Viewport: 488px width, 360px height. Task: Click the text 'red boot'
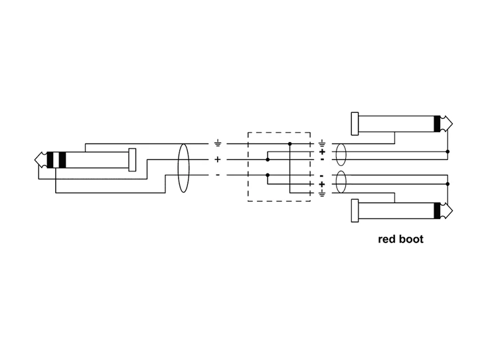[400, 239]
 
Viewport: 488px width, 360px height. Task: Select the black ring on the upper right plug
[437, 124]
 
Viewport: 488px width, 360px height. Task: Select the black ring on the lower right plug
[437, 211]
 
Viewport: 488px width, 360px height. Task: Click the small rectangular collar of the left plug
[133, 159]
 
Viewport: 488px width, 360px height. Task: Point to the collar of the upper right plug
[355, 124]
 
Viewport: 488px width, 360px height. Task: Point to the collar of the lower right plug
[355, 211]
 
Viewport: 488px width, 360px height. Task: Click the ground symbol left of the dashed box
[218, 143]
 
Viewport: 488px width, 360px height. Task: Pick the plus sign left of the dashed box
[218, 159]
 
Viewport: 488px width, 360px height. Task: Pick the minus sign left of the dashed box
[218, 175]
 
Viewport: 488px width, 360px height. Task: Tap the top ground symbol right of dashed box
[322, 143]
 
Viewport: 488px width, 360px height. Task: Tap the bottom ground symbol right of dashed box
[322, 193]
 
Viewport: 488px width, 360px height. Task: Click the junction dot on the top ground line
[290, 143]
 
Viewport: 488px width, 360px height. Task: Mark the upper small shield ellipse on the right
[341, 155]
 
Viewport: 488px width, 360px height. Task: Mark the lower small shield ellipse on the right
[341, 182]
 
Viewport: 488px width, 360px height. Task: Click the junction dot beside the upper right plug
[447, 152]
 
